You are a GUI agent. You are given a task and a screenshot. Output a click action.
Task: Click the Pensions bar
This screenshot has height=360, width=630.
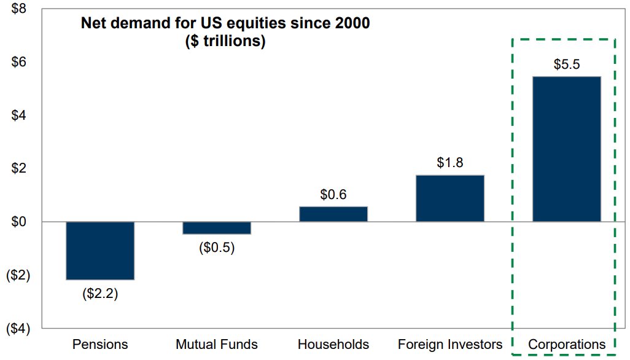coord(100,251)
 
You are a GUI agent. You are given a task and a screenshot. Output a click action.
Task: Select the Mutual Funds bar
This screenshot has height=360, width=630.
coord(217,228)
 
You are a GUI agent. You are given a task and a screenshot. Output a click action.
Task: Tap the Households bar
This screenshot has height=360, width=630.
coord(333,214)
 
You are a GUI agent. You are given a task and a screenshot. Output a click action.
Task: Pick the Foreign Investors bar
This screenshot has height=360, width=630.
coord(450,198)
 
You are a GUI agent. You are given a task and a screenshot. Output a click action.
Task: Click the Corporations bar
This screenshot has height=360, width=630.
coord(566,149)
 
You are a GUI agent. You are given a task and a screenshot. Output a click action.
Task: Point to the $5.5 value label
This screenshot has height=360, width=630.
coord(566,65)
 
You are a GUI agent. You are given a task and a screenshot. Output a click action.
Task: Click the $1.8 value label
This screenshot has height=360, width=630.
coord(450,163)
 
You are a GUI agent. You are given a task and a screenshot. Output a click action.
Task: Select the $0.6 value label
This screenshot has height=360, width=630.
coord(333,195)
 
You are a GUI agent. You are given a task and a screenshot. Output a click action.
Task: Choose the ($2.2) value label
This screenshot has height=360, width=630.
coord(100,294)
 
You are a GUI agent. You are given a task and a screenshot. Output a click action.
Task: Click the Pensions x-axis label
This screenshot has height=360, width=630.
coord(100,343)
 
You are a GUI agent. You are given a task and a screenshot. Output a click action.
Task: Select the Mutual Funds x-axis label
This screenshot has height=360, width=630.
coord(217,343)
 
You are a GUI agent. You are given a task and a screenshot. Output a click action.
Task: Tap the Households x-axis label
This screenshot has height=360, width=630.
coord(333,343)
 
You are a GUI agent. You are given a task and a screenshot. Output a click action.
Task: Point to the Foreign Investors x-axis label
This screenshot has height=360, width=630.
coord(450,343)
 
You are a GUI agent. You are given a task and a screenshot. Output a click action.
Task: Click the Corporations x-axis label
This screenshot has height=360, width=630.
coord(566,343)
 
